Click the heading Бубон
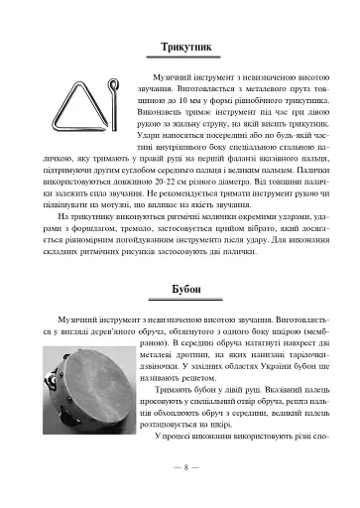pyautogui.click(x=180, y=290)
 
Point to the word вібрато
pyautogui.click(x=266, y=227)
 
